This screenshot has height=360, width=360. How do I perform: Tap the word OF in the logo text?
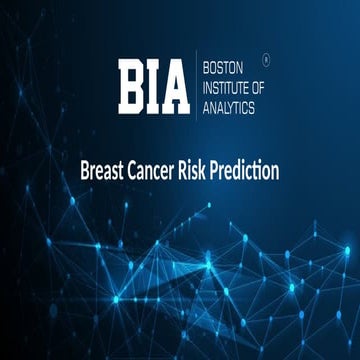[262, 88]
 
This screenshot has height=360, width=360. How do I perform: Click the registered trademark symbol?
[265, 60]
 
